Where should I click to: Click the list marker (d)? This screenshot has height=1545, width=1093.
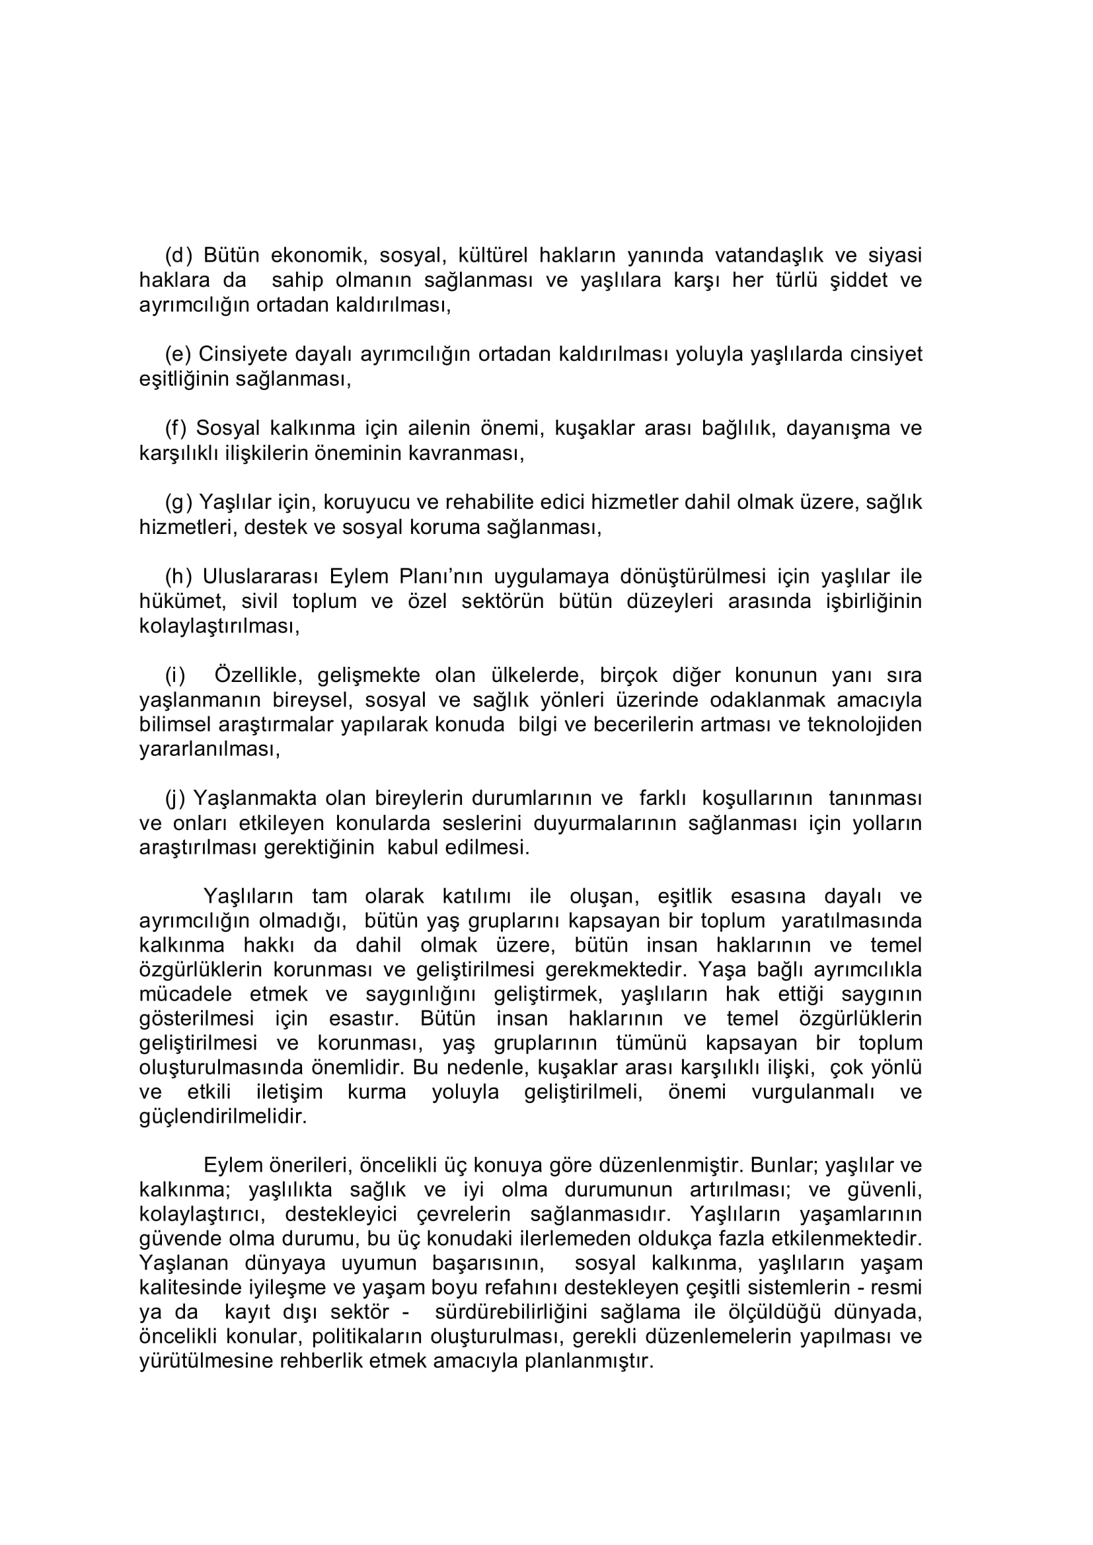click(178, 256)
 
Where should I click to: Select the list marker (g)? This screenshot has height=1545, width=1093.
click(178, 503)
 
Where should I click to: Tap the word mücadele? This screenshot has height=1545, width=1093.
click(185, 995)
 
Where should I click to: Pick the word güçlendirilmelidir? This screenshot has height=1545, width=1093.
click(223, 1117)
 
